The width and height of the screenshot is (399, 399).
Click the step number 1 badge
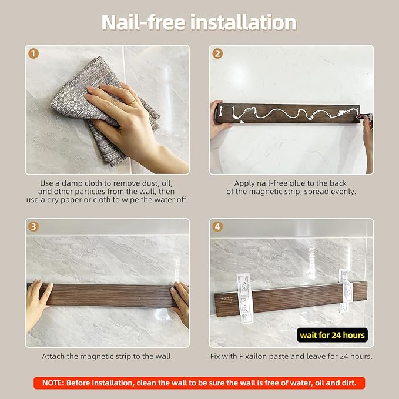[x=33, y=53]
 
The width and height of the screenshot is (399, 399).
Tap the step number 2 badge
[x=217, y=53]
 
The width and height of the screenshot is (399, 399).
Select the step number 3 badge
[x=33, y=226]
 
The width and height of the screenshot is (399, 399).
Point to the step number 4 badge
[x=217, y=226]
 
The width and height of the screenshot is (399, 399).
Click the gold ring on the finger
[x=133, y=103]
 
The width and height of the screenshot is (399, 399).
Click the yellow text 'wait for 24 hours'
[x=332, y=335]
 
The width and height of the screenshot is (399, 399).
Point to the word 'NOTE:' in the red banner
[x=53, y=383]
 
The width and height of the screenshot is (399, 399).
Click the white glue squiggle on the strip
[x=290, y=113]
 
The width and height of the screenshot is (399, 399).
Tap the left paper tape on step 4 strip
[x=245, y=299]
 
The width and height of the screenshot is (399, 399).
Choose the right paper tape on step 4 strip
[x=345, y=291]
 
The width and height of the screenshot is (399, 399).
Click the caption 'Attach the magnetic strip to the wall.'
[x=107, y=356]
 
